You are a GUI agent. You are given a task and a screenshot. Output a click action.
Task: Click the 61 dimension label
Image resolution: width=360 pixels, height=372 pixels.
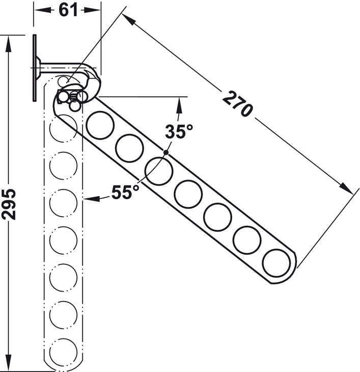click(x=68, y=10)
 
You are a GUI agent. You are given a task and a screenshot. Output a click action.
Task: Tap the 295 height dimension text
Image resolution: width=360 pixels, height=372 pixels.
click(x=9, y=204)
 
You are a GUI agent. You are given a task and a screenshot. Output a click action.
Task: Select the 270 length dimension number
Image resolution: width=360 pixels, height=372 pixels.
click(x=237, y=104)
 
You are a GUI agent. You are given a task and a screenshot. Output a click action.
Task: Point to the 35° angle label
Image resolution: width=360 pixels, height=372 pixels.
click(x=179, y=131)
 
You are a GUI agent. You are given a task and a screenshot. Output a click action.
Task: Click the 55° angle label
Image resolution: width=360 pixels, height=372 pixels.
click(x=125, y=192)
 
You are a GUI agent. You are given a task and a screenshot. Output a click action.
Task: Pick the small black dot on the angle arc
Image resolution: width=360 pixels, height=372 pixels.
click(x=166, y=152)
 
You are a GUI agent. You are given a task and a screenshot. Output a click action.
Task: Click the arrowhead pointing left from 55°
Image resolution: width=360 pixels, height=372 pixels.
click(x=91, y=198)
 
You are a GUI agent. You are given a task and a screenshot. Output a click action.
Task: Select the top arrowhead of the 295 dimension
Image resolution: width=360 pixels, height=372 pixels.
click(x=9, y=44)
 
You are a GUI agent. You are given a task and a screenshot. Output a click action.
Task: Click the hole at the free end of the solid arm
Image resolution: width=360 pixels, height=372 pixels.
click(x=276, y=262)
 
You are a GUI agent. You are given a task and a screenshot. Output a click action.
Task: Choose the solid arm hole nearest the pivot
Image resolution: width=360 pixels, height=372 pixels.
click(x=100, y=125)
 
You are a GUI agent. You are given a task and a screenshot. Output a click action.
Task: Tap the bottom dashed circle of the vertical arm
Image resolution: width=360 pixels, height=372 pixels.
click(x=63, y=352)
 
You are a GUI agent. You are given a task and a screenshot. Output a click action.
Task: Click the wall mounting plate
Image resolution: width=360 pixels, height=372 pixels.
click(x=35, y=68)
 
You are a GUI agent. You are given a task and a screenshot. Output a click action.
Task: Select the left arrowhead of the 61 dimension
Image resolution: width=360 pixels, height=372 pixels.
click(x=42, y=10)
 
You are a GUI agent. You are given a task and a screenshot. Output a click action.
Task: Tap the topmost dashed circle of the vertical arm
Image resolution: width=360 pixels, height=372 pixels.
click(x=63, y=128)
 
